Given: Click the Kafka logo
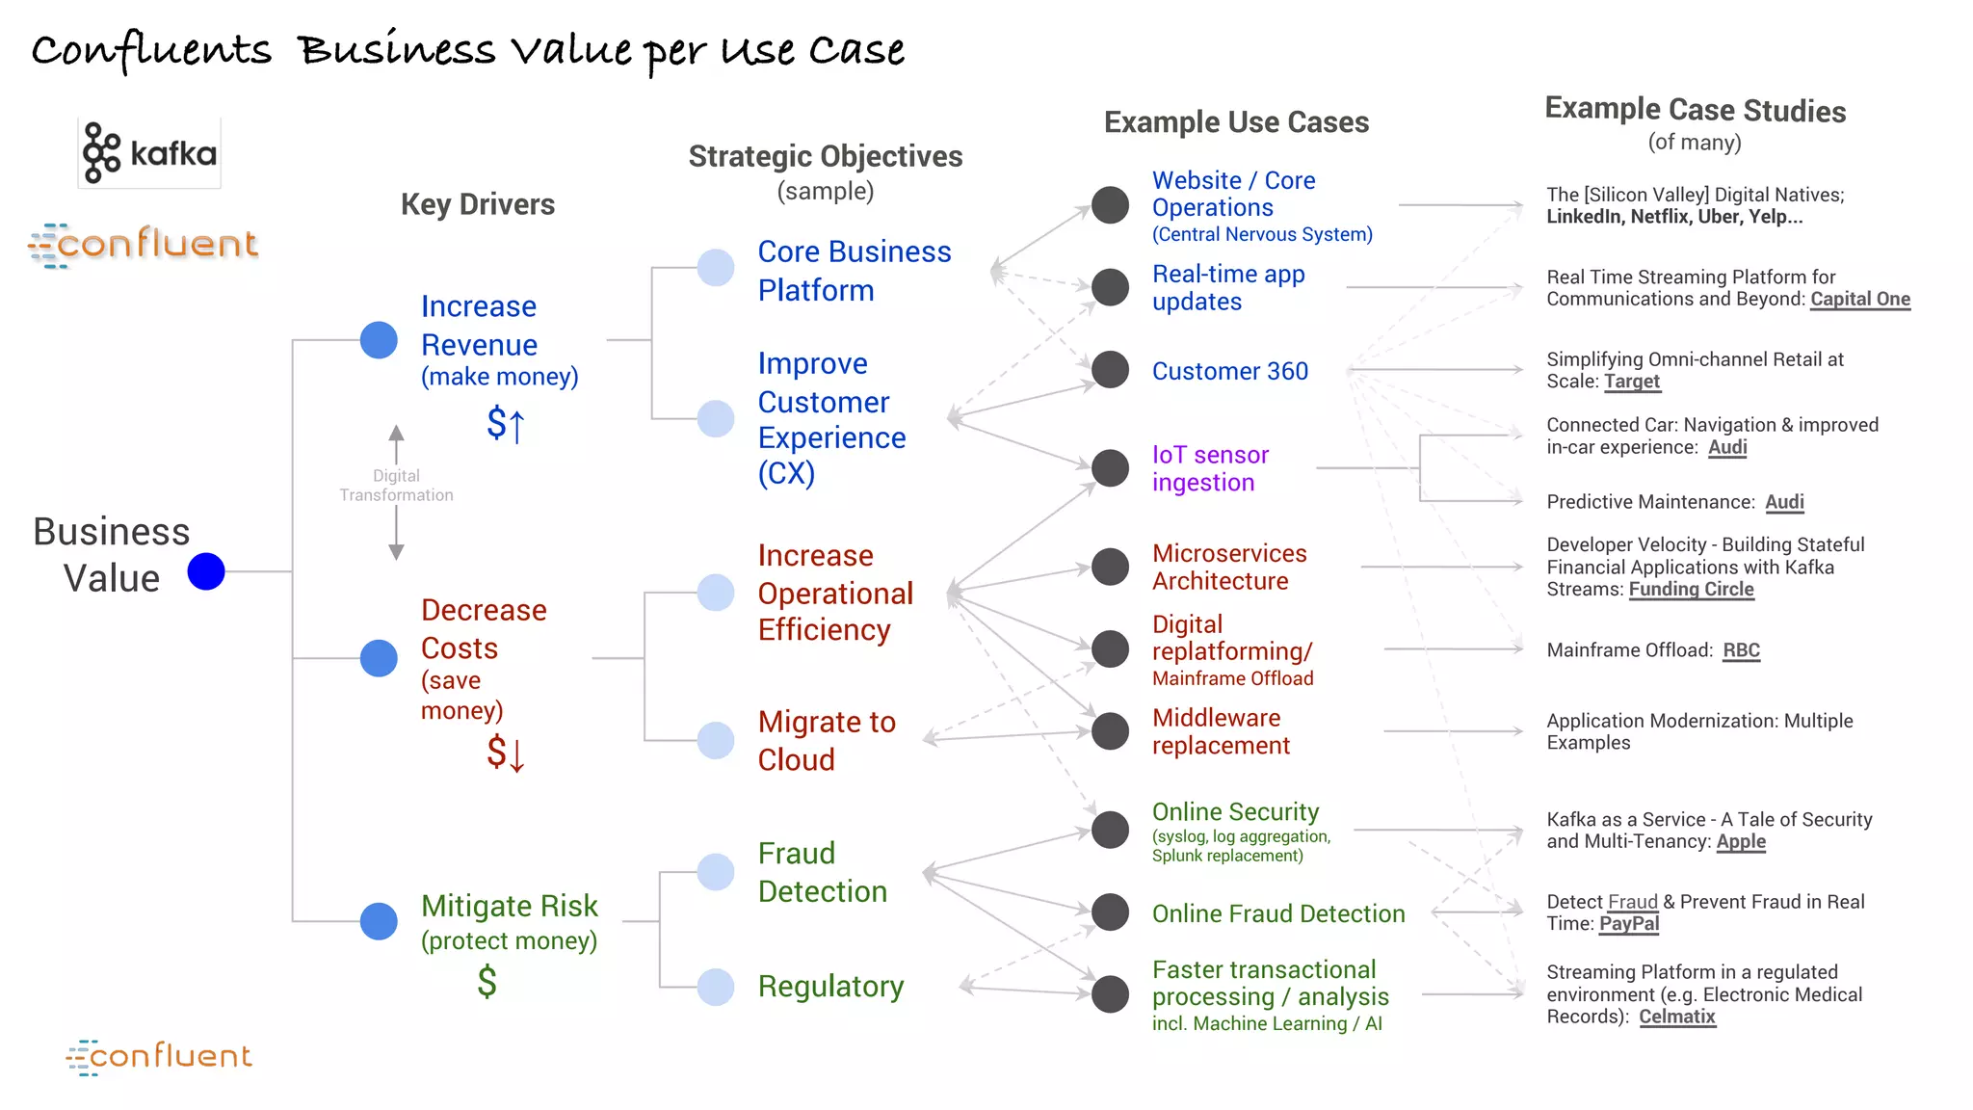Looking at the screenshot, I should click(149, 153).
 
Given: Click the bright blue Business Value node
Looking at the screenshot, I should click(206, 571).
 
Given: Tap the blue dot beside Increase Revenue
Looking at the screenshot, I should click(379, 340).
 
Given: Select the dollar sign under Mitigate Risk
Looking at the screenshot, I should click(487, 981).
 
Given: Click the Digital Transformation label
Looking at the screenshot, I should click(396, 486).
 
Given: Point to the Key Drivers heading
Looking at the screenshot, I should click(478, 204).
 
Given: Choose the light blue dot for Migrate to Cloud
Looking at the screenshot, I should click(716, 740).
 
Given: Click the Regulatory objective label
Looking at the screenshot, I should click(830, 986).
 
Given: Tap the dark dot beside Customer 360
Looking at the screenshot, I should click(1110, 369).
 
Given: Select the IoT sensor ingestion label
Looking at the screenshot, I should click(1210, 468).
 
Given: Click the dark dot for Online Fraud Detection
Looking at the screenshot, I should click(1110, 912).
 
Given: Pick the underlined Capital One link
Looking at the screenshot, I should click(1859, 299).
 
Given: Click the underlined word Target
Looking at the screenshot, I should click(1631, 381).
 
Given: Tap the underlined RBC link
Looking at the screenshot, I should click(1741, 650).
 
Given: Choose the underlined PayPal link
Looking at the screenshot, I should click(1629, 923).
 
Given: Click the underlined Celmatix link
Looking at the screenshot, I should click(1676, 1017).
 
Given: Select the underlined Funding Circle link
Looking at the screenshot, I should click(1691, 589).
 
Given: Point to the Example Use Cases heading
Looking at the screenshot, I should click(1236, 122).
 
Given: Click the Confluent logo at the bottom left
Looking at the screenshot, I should click(159, 1057).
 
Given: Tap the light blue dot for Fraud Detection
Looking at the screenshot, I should click(716, 872).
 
